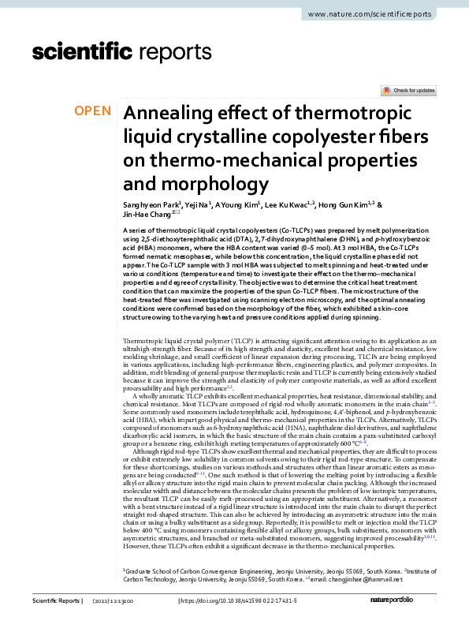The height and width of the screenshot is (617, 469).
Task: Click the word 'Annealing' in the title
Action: point(171,114)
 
